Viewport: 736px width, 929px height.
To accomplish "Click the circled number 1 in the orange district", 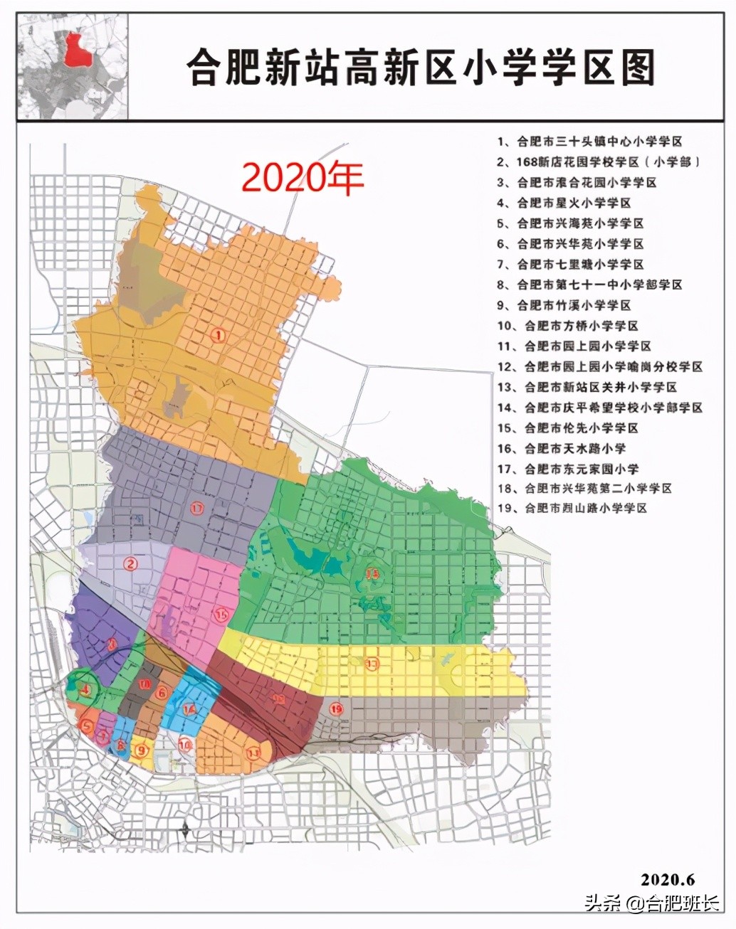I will [219, 334].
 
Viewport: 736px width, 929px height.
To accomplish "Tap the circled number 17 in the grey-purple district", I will [198, 508].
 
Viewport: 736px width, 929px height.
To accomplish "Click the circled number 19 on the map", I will [337, 708].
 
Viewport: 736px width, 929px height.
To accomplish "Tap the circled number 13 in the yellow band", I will [372, 664].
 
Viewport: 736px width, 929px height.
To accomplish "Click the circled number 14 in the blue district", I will [189, 709].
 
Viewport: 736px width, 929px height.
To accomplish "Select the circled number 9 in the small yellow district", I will [142, 750].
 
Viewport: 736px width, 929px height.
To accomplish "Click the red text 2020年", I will [303, 178].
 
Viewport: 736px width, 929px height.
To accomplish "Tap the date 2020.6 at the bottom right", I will [667, 879].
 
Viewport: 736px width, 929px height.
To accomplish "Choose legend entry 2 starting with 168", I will [599, 162].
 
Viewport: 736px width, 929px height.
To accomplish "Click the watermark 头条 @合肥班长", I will [652, 904].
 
